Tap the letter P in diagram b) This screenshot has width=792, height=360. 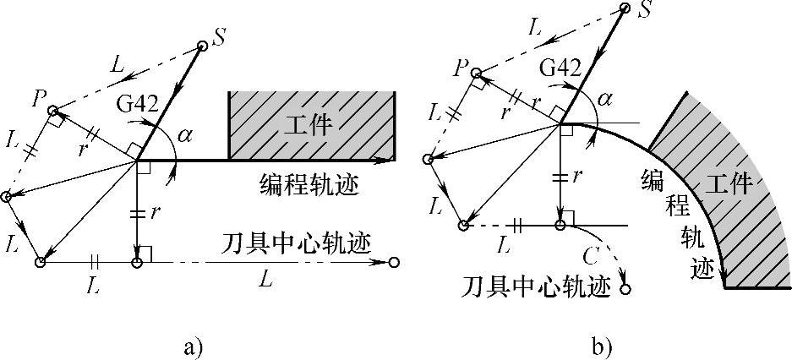461,67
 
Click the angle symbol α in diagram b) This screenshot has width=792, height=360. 604,101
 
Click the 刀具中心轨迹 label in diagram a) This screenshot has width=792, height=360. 305,243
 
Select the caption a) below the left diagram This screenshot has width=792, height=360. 190,346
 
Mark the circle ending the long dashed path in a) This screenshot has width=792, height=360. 394,264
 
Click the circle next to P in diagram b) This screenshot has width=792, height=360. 477,73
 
